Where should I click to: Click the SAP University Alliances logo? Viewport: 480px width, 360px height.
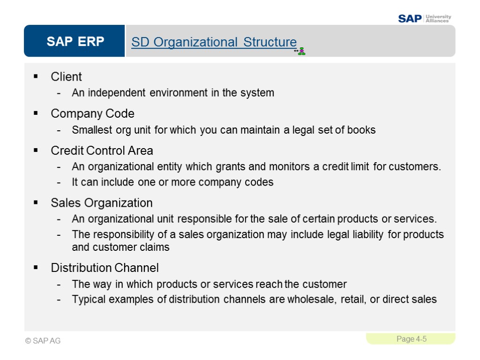(x=424, y=18)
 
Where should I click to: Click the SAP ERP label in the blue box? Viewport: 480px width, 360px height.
(x=75, y=42)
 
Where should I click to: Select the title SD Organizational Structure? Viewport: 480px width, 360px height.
(x=214, y=42)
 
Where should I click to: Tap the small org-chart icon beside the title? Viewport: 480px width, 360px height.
(x=300, y=51)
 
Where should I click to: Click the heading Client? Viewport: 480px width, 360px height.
(x=66, y=77)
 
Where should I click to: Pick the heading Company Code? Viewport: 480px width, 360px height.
(x=92, y=114)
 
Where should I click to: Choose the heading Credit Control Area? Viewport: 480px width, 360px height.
(x=102, y=151)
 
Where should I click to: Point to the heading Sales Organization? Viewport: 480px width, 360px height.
(x=101, y=203)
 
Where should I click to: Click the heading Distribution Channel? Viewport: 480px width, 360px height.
(x=105, y=268)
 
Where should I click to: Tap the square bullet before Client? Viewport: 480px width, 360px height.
(x=36, y=76)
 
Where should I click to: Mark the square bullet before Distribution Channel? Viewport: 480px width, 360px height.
(x=36, y=268)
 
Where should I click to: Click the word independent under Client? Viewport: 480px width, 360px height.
(x=117, y=93)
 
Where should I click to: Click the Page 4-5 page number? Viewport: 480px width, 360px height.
(x=411, y=339)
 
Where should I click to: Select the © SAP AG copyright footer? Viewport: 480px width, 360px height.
(x=43, y=341)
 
